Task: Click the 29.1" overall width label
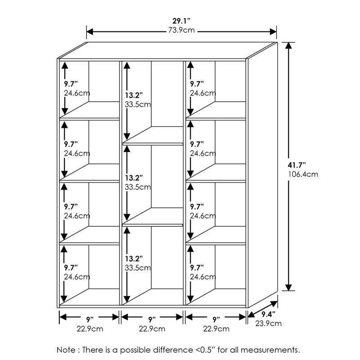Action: click(181, 21)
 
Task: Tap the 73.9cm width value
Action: click(181, 31)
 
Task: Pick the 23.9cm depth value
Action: click(269, 323)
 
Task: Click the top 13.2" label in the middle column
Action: click(134, 95)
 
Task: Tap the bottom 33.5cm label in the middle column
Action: click(138, 268)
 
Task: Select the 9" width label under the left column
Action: click(90, 319)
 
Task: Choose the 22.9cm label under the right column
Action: click(216, 329)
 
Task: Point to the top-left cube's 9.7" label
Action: click(71, 84)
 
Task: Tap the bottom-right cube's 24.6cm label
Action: click(203, 277)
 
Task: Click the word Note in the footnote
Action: click(66, 349)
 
